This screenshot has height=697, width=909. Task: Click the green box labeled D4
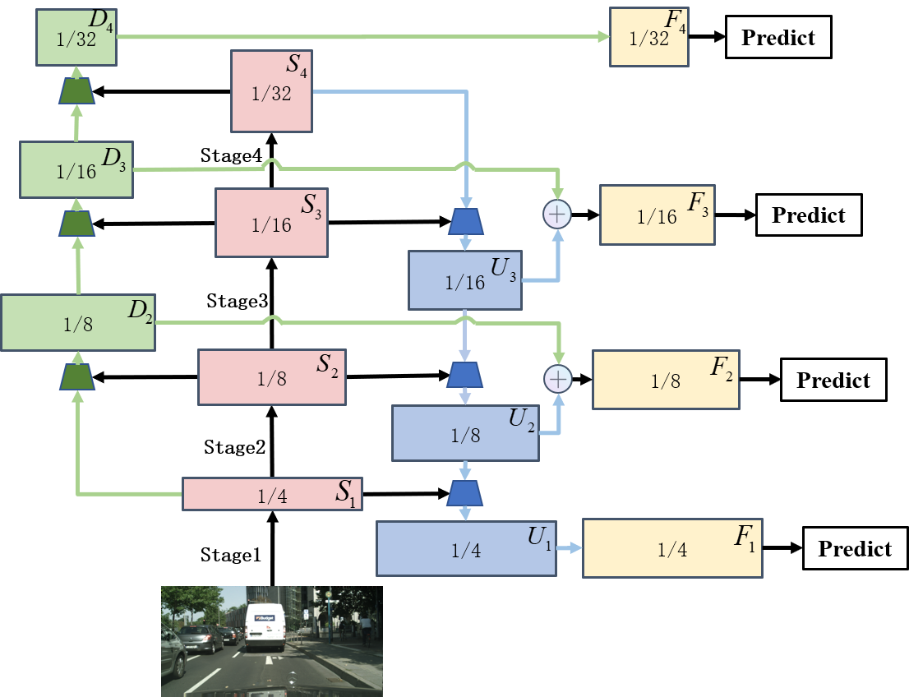pos(76,37)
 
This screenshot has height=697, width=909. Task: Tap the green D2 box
pos(78,322)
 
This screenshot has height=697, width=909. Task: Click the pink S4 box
pos(271,91)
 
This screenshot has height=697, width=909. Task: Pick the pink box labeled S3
pos(271,223)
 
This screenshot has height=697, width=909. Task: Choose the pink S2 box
pos(271,377)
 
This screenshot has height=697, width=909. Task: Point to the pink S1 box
pos(271,494)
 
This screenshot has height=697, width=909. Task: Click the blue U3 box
pos(465,280)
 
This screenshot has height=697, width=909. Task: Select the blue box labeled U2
pos(465,433)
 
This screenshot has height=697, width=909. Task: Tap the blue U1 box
pos(466,547)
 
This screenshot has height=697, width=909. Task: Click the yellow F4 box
pos(648,37)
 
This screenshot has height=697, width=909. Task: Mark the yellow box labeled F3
pos(657,215)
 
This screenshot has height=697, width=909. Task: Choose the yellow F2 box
pos(665,379)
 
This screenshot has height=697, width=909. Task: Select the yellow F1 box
pos(672,548)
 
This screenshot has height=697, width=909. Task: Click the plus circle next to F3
pos(557,215)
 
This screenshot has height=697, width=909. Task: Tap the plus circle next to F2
pos(557,379)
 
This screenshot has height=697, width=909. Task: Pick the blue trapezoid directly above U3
pos(465,221)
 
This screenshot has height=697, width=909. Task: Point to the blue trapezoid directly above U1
pos(465,493)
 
